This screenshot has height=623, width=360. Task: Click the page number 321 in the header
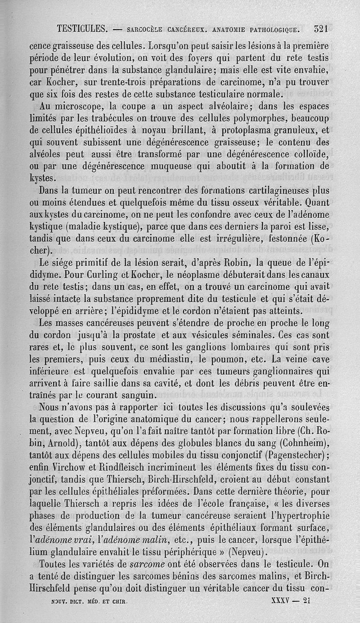tap(321, 29)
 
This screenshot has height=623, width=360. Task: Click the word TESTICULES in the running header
tap(82, 30)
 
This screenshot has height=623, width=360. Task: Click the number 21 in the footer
tap(307, 600)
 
